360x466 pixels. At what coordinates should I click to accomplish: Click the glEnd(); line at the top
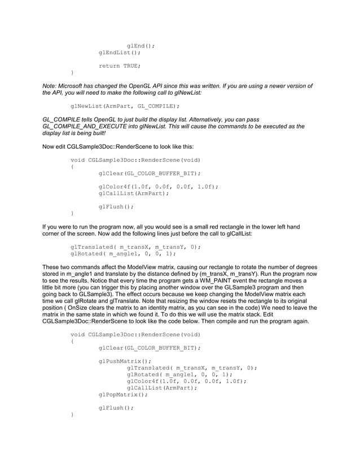click(141, 46)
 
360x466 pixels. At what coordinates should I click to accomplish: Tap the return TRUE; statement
click(120, 66)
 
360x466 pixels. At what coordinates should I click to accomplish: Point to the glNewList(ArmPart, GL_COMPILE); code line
click(125, 105)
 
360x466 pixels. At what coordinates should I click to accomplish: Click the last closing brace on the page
click(72, 415)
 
